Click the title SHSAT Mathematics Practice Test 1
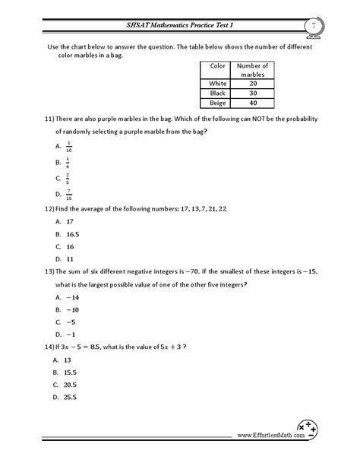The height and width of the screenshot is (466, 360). (179, 27)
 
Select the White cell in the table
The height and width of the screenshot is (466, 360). (219, 84)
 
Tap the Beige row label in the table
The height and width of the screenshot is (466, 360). (219, 103)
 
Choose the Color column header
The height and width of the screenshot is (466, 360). (219, 66)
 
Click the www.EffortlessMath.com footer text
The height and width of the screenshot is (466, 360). (266, 436)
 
